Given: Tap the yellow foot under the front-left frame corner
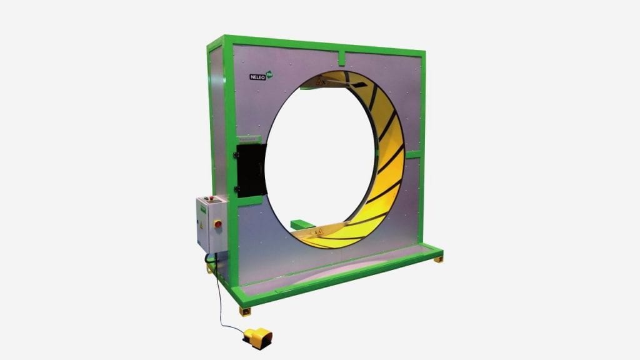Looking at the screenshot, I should click(244, 309).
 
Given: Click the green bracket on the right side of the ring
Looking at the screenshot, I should click(412, 153).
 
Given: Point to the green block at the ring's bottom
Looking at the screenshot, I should click(303, 222).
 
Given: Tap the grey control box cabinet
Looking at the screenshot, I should click(209, 225).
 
